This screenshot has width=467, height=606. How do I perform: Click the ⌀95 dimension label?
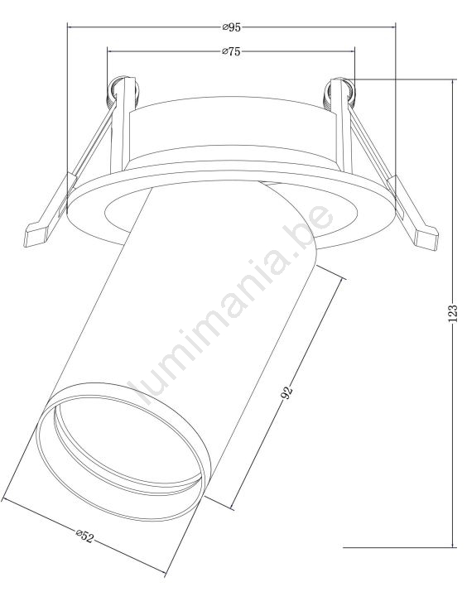(232, 27)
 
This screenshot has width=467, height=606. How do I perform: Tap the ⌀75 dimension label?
(232, 51)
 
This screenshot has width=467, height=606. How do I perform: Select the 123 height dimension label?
(453, 314)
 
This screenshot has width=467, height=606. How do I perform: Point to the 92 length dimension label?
(286, 392)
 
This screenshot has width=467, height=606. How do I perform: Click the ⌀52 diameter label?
(84, 536)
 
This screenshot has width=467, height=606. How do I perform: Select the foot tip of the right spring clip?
(426, 238)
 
